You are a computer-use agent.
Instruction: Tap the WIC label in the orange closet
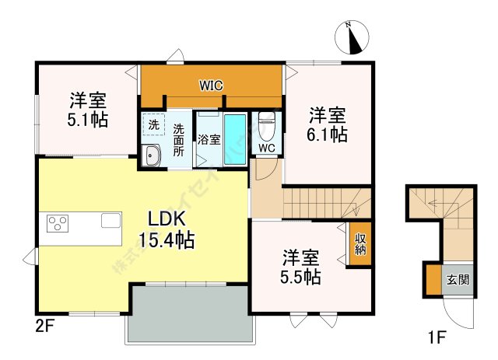point(211,83)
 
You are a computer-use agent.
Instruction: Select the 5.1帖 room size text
point(87,110)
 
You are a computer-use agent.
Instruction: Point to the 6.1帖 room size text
point(327,124)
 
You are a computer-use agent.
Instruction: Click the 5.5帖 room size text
point(300,266)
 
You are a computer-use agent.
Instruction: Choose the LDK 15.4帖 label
point(166,229)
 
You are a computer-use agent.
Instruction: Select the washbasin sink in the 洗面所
point(151,157)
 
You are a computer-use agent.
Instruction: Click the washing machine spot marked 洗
point(154,125)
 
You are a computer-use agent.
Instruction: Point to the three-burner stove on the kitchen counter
point(58,224)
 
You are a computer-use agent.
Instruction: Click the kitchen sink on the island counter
point(110,221)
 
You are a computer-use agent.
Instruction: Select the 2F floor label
point(42,327)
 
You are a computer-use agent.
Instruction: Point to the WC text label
point(267,148)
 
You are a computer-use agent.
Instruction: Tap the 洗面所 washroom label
point(179,140)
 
